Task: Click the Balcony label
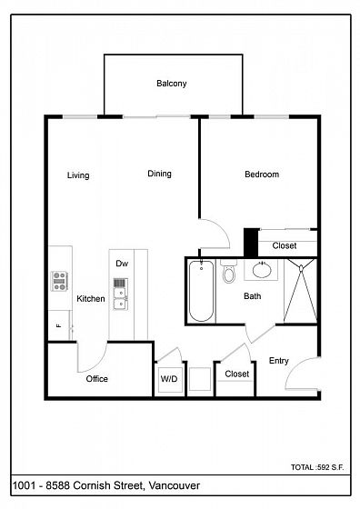(172, 84)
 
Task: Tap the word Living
(78, 175)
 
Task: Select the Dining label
(159, 174)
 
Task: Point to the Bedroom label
(262, 175)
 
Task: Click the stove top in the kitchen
(59, 281)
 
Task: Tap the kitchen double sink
(120, 294)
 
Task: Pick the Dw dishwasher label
(122, 264)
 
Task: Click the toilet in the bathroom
(228, 272)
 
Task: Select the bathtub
(201, 291)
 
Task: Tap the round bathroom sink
(262, 270)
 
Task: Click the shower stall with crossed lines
(300, 291)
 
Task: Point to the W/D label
(169, 379)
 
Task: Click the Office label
(96, 379)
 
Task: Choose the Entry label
(279, 361)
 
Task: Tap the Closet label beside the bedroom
(285, 245)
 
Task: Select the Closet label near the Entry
(237, 374)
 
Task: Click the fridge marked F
(59, 325)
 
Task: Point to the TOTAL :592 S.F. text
(317, 467)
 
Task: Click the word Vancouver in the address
(175, 486)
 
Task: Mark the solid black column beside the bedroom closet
(251, 243)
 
